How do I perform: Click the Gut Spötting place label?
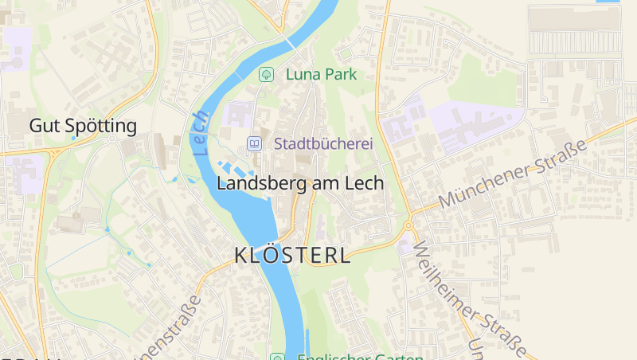coord(83,126)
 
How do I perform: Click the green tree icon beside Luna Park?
coord(267,74)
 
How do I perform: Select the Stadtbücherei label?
coord(323,144)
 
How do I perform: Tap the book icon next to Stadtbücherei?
coord(254,144)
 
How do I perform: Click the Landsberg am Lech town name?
coord(300,183)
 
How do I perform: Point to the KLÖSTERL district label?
coord(292,256)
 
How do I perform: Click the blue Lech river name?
coord(199,132)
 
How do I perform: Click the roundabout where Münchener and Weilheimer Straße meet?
coord(408,225)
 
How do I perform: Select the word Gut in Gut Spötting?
coord(43,126)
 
